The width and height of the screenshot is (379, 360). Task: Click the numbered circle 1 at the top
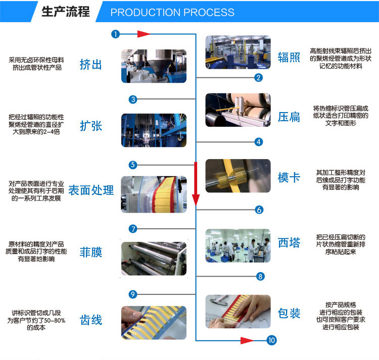point(116,34)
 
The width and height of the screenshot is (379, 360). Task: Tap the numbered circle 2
point(258,77)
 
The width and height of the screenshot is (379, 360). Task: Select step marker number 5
point(133,165)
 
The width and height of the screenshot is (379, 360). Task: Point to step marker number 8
point(260,276)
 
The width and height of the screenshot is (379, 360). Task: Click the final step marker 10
point(272,340)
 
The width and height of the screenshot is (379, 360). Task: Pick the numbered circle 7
point(133,229)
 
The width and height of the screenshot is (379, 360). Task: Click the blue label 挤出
point(91,65)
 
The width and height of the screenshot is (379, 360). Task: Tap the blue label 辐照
point(289,57)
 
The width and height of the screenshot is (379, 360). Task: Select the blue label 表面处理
point(91,190)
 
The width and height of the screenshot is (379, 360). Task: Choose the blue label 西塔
point(289,243)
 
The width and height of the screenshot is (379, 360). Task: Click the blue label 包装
point(289,314)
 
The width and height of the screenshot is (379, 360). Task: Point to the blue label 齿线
point(91,320)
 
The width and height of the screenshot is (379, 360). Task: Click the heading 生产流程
point(65,12)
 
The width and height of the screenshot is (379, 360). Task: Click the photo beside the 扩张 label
point(154,130)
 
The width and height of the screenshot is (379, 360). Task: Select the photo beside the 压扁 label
point(238,110)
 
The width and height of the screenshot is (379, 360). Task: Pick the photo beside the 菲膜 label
point(154,259)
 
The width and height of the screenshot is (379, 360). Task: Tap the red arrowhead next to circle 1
point(143,34)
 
